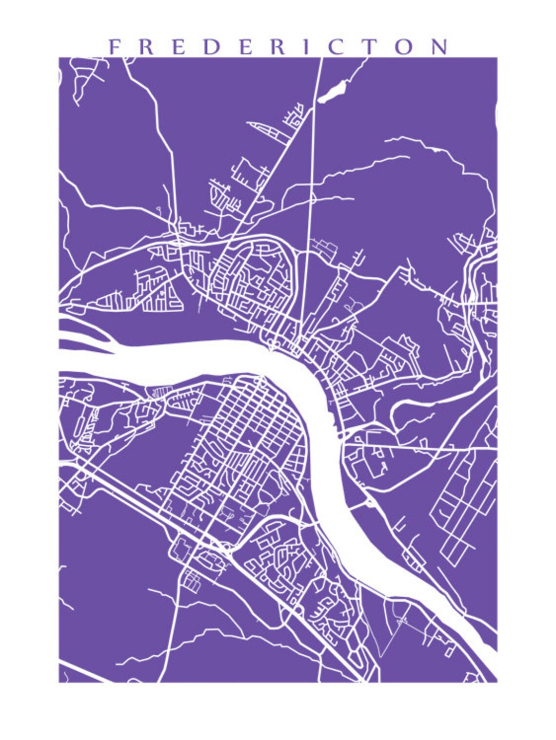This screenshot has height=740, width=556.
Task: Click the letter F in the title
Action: (x=114, y=47)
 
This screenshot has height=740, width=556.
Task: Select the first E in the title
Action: (x=178, y=47)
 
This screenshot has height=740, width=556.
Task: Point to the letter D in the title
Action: (x=211, y=47)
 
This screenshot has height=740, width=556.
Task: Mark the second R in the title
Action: (x=278, y=47)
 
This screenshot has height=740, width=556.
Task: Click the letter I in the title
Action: (x=306, y=47)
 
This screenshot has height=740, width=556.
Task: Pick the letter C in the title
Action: (x=337, y=47)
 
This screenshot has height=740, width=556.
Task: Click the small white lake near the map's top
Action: (x=332, y=92)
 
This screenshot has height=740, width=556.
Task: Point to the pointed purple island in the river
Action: (x=88, y=336)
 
